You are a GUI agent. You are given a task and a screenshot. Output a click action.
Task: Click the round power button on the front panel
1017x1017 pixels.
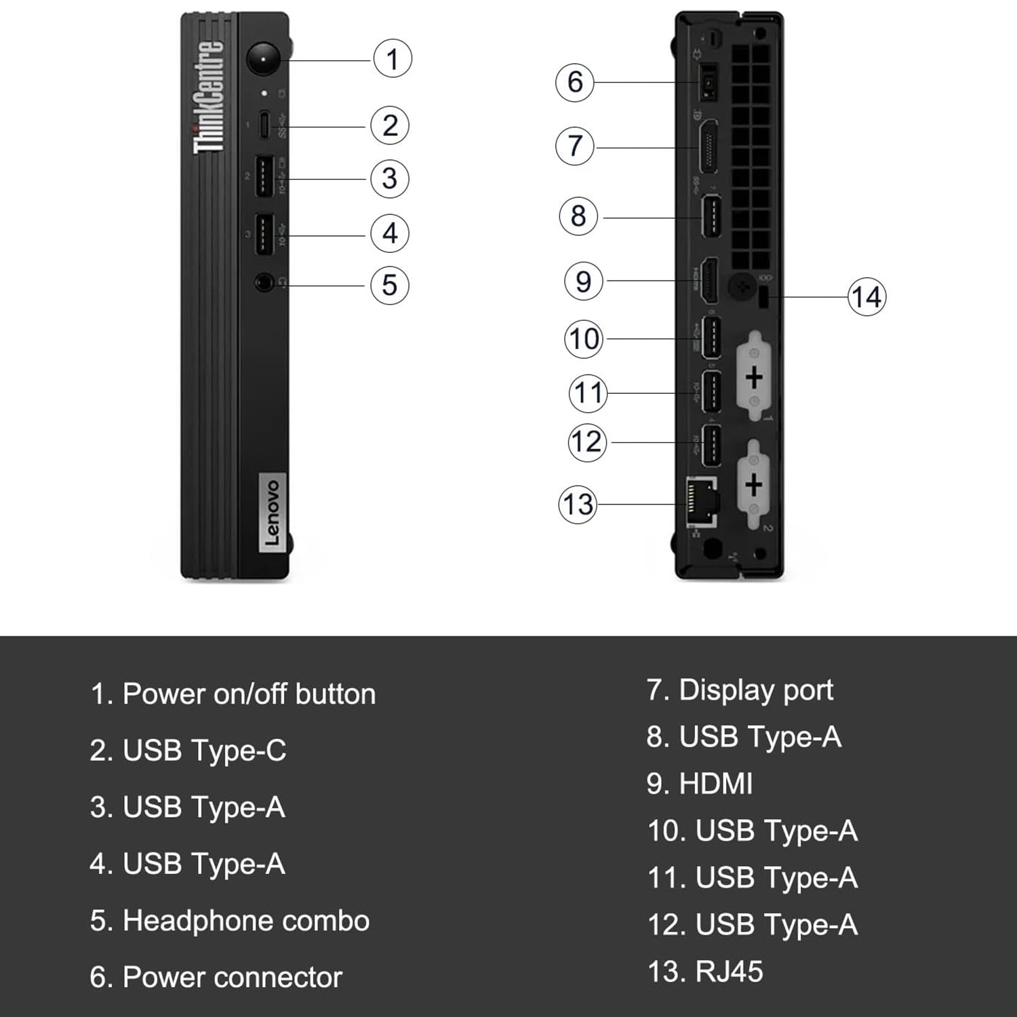(263, 60)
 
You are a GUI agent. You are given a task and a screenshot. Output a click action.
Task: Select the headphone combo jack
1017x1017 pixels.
(264, 282)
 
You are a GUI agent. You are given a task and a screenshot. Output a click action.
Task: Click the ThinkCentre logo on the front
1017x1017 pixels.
(209, 97)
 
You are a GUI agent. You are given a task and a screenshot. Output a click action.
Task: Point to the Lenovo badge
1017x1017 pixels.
(273, 513)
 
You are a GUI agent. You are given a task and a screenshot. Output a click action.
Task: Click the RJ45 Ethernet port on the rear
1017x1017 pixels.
(702, 502)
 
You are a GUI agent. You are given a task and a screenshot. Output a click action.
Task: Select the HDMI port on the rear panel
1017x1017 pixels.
(709, 281)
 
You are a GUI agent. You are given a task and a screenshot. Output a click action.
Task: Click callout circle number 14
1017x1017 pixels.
(866, 297)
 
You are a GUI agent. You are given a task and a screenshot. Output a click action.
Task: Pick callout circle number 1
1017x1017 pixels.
(393, 59)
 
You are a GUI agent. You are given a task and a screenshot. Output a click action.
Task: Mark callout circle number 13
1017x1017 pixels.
(578, 504)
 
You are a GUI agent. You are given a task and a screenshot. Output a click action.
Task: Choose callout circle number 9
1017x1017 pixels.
(583, 281)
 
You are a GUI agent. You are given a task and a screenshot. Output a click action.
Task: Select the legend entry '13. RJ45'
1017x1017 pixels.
(705, 972)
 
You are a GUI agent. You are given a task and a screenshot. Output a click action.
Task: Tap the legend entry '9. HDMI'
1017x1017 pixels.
(700, 784)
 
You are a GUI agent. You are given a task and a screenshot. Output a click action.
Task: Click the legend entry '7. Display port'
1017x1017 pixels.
(740, 690)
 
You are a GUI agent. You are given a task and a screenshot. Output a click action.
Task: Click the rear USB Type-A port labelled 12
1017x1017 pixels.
(711, 445)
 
